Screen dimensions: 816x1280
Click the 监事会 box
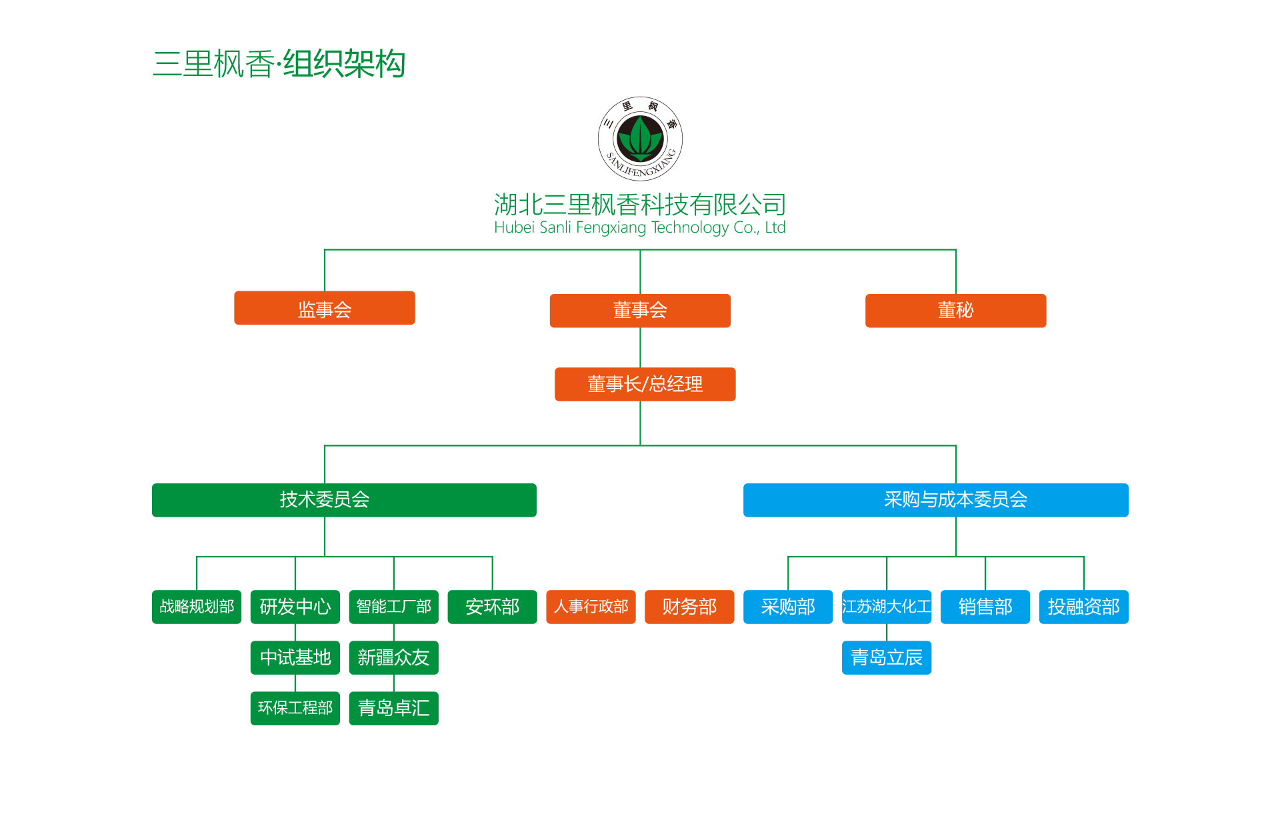click(x=324, y=308)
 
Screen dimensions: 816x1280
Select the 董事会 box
click(x=639, y=311)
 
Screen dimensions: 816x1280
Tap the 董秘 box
click(x=955, y=311)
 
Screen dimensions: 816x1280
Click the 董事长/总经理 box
click(x=645, y=384)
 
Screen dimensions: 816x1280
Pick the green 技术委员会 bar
click(x=344, y=500)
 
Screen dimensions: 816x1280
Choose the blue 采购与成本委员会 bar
click(x=935, y=500)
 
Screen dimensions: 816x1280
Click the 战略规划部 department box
click(x=197, y=607)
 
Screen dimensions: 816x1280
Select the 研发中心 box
click(x=295, y=607)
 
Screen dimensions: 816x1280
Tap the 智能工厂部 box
click(x=393, y=607)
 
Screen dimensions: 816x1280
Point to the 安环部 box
click(x=492, y=607)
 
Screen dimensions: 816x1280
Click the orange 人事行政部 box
click(x=591, y=607)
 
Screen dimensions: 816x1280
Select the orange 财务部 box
click(x=689, y=607)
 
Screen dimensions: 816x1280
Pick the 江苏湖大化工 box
click(x=886, y=607)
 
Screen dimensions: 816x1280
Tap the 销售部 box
click(x=985, y=607)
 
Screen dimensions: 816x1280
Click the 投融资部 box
click(x=1083, y=607)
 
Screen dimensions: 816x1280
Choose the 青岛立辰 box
click(x=886, y=657)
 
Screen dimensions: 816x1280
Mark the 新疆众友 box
click(x=393, y=657)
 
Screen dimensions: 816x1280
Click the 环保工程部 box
click(x=295, y=708)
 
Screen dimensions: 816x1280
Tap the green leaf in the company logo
click(x=640, y=137)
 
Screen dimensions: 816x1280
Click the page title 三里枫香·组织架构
click(x=279, y=64)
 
